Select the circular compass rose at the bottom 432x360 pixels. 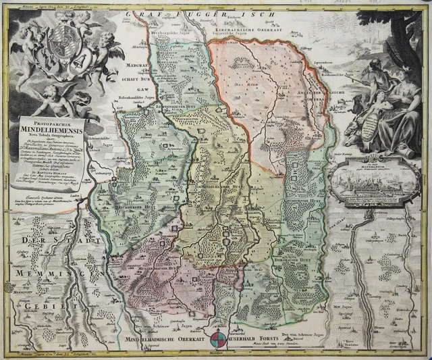[219, 339]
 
